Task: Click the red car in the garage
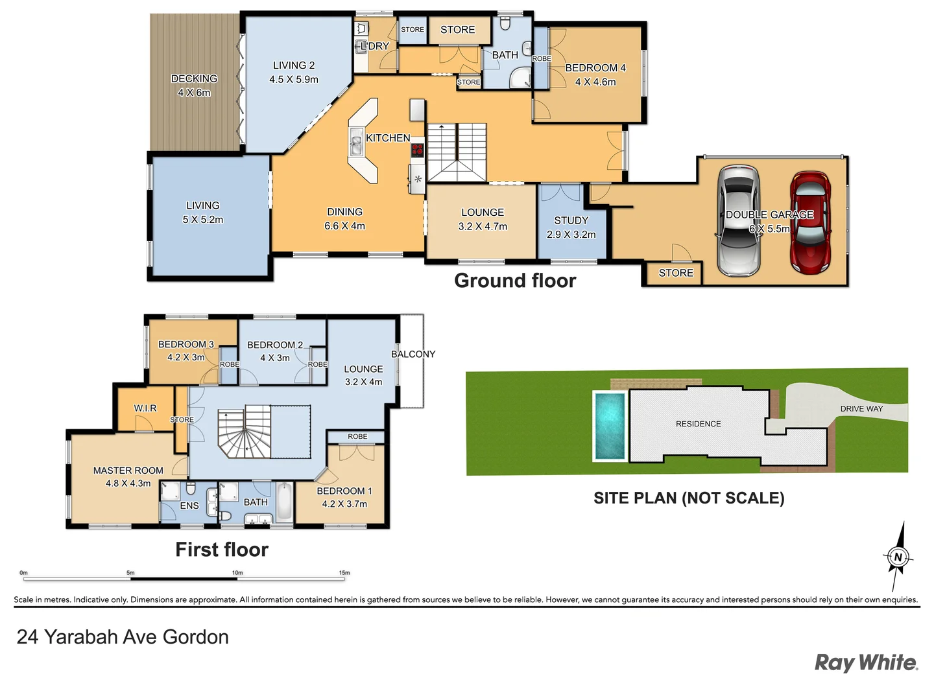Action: (x=809, y=222)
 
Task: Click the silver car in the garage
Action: (x=738, y=222)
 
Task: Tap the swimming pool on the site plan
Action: (x=610, y=425)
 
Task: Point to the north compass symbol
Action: (x=898, y=556)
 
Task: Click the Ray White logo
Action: (x=866, y=662)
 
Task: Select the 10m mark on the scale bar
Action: (x=237, y=574)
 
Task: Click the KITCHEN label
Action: (x=388, y=138)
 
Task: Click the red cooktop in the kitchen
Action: (x=417, y=150)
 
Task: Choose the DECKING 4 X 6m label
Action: (x=194, y=86)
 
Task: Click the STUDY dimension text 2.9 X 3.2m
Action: (x=571, y=235)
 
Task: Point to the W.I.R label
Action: (x=145, y=408)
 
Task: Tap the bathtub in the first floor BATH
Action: (x=284, y=502)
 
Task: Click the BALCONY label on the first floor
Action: (x=413, y=354)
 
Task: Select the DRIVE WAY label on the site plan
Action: (x=861, y=409)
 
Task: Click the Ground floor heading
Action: (x=515, y=281)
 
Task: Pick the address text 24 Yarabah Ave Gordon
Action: (x=123, y=637)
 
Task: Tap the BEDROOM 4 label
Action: (x=595, y=68)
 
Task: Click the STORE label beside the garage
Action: (x=676, y=274)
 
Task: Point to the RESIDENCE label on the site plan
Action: (x=698, y=424)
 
